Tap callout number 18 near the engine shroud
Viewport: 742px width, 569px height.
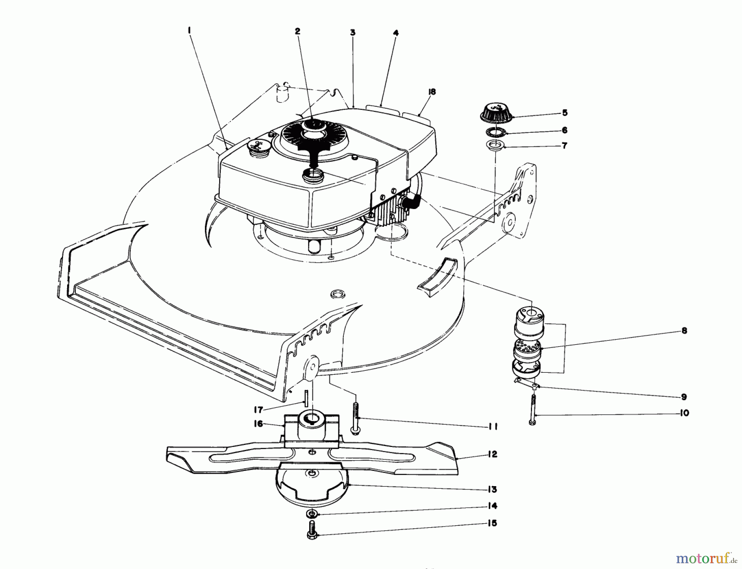pos(432,92)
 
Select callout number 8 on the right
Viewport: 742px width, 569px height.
pos(684,331)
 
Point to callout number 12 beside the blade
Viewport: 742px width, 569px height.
pos(493,454)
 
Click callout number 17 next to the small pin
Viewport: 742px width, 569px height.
pos(258,410)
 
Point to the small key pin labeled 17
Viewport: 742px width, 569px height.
pos(307,398)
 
